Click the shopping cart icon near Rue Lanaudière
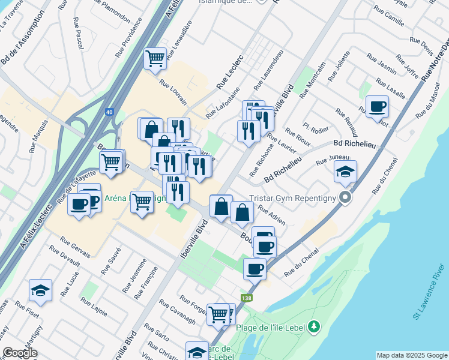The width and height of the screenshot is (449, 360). (x=155, y=59)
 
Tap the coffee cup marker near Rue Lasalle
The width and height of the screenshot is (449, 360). (x=377, y=107)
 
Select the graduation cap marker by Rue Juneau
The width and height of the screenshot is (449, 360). (x=345, y=172)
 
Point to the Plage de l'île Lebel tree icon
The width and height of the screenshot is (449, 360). (x=313, y=327)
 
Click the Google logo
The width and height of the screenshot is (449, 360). (x=20, y=353)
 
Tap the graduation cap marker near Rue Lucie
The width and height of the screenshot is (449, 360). (x=40, y=290)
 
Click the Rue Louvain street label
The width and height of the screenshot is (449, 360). (x=173, y=91)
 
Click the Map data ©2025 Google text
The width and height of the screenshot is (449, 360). (x=411, y=355)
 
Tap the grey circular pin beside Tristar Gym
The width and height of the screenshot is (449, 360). (x=345, y=197)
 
